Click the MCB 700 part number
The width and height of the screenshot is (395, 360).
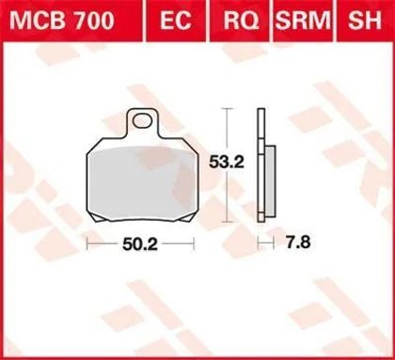pyautogui.click(x=62, y=21)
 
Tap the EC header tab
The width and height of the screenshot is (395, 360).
pyautogui.click(x=175, y=21)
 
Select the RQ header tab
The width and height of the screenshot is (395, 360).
pyautogui.click(x=241, y=21)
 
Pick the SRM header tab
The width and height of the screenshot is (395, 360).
pyautogui.click(x=303, y=21)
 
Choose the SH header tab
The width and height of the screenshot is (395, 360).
pyautogui.click(x=365, y=21)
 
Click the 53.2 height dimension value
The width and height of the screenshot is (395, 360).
pyautogui.click(x=227, y=162)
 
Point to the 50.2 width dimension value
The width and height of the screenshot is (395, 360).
pyautogui.click(x=140, y=243)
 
